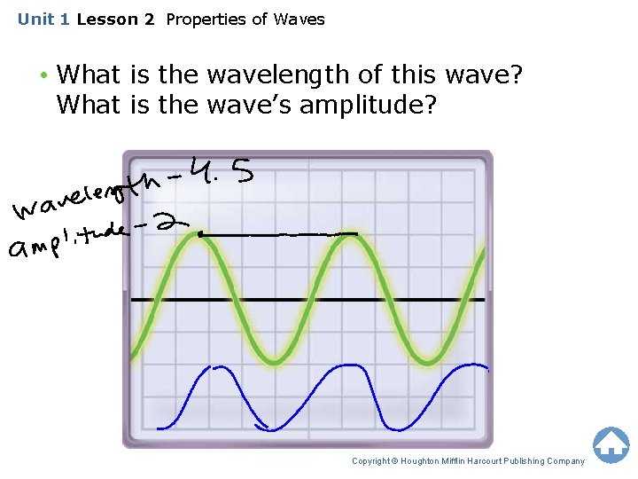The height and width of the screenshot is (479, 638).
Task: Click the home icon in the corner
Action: (611, 444)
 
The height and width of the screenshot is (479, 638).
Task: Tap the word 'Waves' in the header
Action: (299, 19)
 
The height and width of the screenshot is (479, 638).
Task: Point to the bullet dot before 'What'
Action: (42, 75)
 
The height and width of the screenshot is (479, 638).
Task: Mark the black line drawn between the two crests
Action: (279, 234)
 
